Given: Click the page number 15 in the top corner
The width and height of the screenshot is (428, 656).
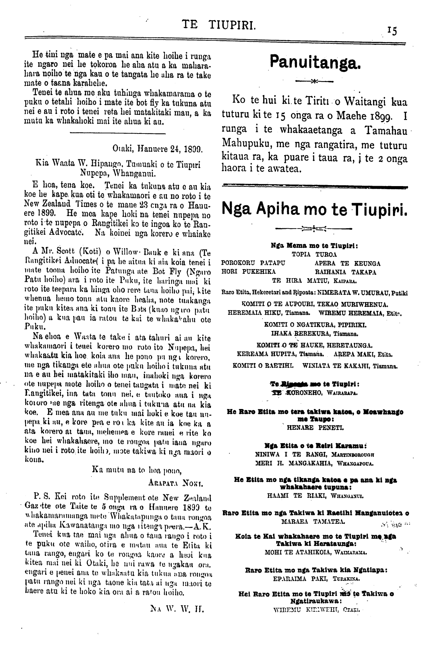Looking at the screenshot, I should [393, 31].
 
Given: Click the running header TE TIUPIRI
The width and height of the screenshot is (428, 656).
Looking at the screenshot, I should [219, 25].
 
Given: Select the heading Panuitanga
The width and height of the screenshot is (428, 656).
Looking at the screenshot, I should [314, 62].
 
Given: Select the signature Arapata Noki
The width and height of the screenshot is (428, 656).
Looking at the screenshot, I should [175, 484].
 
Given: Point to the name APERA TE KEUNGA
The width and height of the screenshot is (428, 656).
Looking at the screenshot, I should [347, 263].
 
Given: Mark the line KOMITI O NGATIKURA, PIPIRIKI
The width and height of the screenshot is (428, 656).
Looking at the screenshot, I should [315, 325].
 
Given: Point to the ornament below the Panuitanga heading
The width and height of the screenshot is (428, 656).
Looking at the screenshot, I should [314, 81].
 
